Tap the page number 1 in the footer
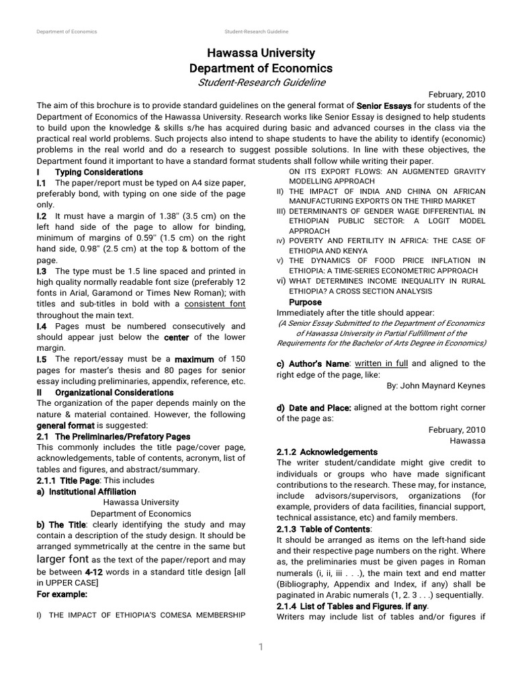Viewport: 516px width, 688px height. pos(261,647)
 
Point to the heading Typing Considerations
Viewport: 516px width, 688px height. pos(99,173)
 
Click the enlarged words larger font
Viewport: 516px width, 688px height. pos(62,559)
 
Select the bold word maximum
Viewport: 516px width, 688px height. pos(195,359)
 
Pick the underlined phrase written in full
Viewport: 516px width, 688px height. pos(382,363)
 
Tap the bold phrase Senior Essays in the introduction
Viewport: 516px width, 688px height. pos(384,105)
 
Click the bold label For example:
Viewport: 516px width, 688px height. pos(62,594)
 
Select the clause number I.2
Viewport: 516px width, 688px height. pos(42,216)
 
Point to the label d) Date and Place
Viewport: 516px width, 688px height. pos(313,408)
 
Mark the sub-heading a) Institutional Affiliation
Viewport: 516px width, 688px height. pos(86,491)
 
